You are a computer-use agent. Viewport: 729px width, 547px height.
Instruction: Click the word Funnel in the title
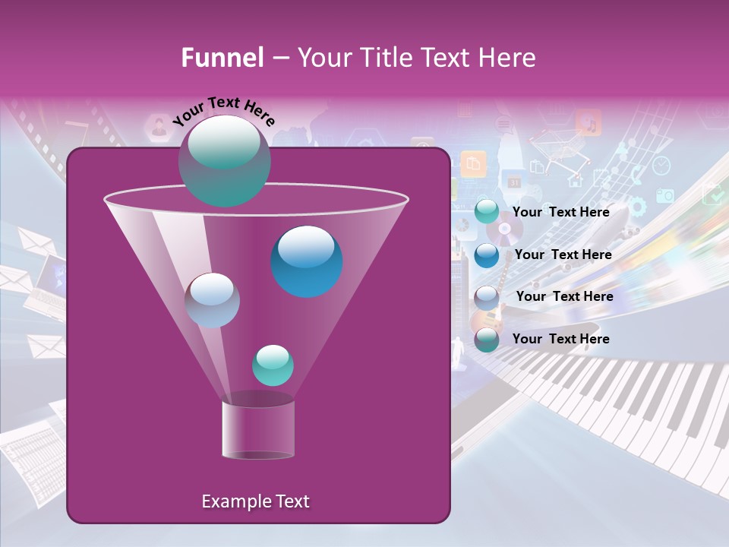click(222, 58)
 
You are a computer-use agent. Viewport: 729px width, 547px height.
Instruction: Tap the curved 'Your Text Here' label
click(224, 112)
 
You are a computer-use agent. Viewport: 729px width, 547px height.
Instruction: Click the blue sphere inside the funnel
click(307, 261)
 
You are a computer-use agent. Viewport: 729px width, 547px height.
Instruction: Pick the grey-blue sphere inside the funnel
click(212, 300)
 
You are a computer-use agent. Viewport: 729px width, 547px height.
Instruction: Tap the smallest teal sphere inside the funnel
click(273, 365)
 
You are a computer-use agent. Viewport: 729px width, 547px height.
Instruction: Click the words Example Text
click(255, 501)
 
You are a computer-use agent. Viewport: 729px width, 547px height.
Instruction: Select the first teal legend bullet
click(487, 212)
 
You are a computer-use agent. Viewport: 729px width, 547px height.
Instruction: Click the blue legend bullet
click(487, 255)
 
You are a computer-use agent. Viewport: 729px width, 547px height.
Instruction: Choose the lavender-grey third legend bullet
click(487, 297)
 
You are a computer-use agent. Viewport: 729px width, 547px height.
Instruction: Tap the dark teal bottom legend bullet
click(487, 340)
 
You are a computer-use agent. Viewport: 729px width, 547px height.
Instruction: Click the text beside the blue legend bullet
click(563, 255)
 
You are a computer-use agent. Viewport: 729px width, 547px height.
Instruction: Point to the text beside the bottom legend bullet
click(560, 339)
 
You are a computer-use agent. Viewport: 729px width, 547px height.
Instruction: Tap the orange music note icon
click(588, 122)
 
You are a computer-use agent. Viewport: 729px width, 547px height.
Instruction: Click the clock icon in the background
click(661, 166)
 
